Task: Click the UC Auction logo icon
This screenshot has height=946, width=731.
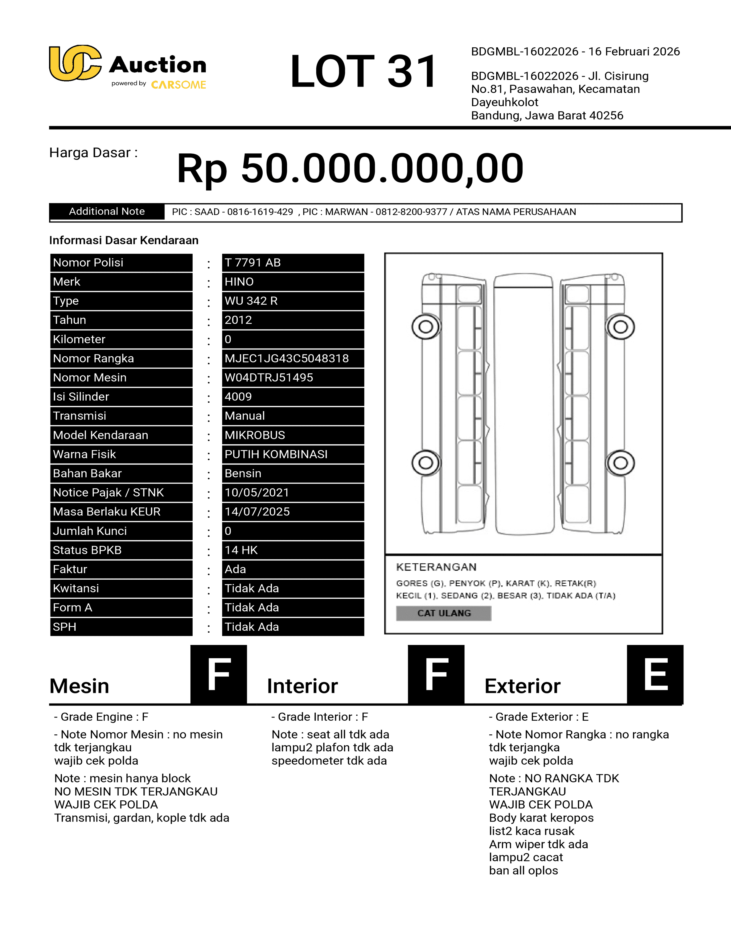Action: [x=75, y=63]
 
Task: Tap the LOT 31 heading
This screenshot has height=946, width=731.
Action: [x=364, y=71]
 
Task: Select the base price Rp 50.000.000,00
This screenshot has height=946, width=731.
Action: [x=350, y=169]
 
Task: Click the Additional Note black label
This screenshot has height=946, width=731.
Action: [x=107, y=211]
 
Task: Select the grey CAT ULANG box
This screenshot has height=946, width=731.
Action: [x=443, y=613]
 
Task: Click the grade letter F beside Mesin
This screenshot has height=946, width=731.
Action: [x=219, y=675]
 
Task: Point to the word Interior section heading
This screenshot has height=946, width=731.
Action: [x=302, y=686]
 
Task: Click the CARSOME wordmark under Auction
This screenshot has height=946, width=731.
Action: [x=178, y=85]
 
